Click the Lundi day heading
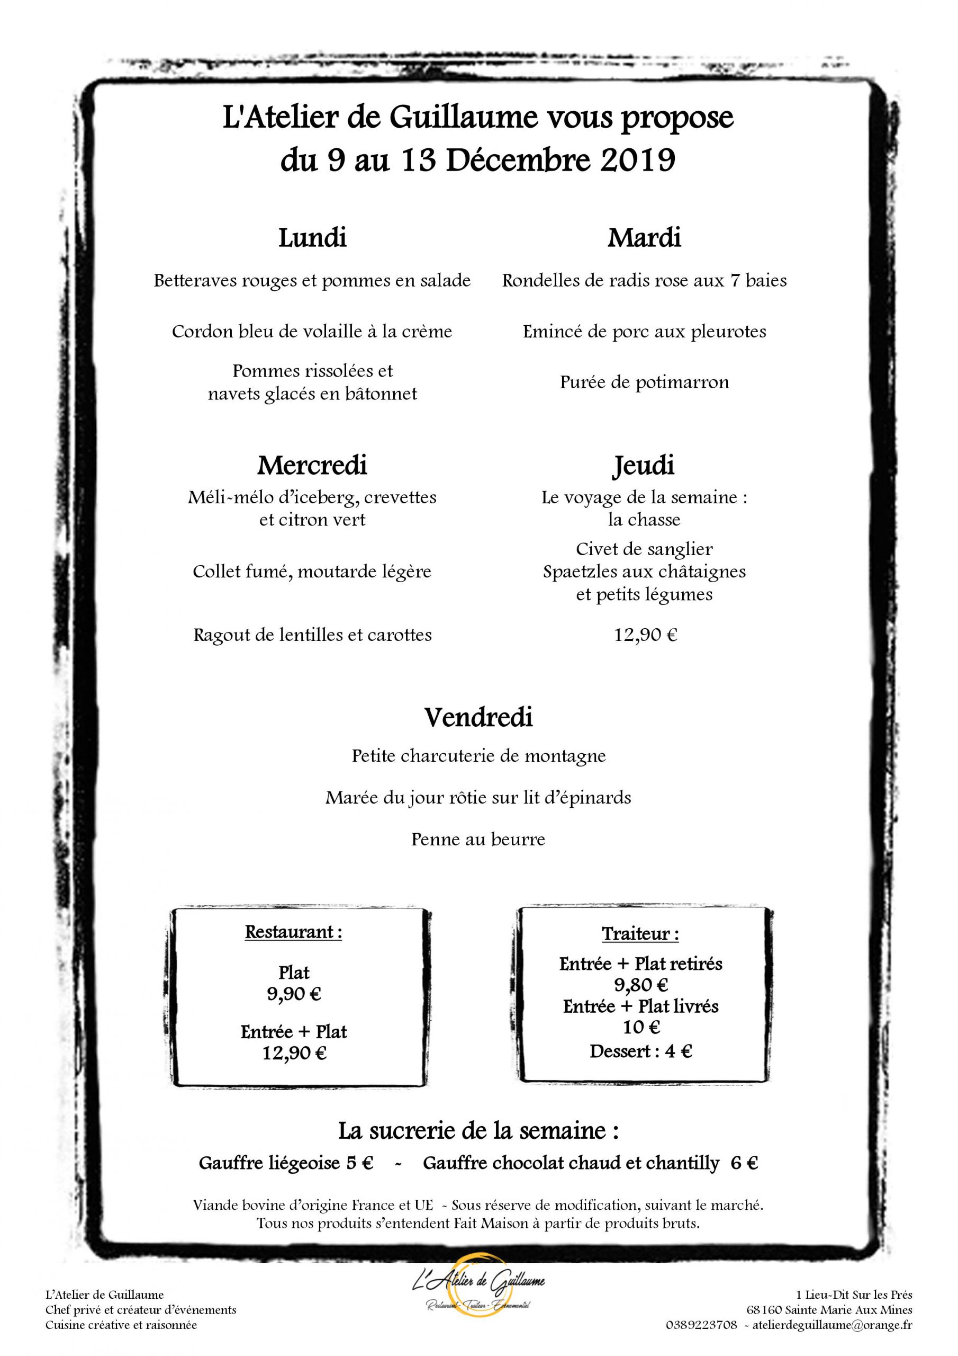pos(312,238)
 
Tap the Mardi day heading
pos(644,238)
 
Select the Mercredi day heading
pos(312,466)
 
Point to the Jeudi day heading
pos(644,466)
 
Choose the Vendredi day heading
pos(478,718)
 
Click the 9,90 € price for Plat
pos(294,994)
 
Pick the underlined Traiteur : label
pos(640,934)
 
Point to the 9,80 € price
pos(640,985)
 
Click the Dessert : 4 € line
pos(640,1051)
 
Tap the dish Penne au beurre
pos(478,839)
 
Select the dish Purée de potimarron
pos(645,382)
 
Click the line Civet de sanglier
pos(645,549)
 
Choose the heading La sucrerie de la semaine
pos(478,1131)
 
